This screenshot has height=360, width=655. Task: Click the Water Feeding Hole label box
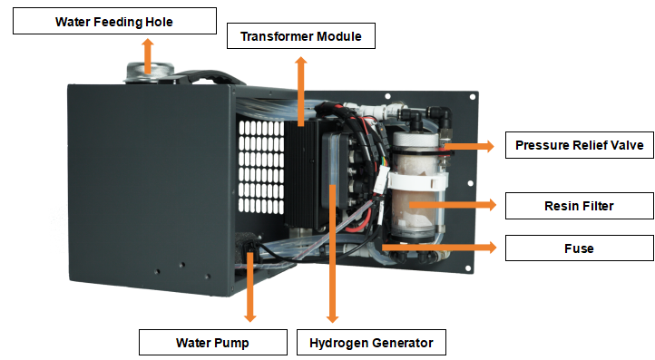click(114, 21)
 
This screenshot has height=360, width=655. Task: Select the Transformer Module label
click(301, 36)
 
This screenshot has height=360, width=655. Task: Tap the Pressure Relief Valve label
click(580, 145)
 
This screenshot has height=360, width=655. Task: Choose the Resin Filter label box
click(580, 206)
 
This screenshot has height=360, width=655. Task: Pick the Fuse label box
click(580, 248)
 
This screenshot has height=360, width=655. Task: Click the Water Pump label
click(213, 343)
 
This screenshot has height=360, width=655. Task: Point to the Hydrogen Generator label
click(371, 343)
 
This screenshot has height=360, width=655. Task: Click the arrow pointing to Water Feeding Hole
click(148, 55)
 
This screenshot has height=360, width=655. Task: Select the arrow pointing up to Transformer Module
click(301, 91)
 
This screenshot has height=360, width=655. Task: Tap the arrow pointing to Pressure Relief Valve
click(469, 146)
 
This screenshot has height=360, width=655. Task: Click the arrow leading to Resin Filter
click(453, 205)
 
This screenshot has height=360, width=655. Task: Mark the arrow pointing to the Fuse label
click(439, 248)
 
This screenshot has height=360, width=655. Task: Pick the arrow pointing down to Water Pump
click(249, 287)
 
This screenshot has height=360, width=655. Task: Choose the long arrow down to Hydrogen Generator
click(333, 254)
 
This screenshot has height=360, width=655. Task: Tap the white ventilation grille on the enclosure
click(261, 167)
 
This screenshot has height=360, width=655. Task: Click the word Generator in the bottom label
click(403, 343)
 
